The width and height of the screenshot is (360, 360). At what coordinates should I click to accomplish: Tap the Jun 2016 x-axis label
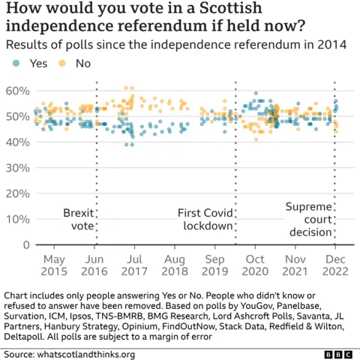pyautogui.click(x=96, y=262)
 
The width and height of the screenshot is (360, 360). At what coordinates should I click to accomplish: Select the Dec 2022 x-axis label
pyautogui.click(x=334, y=262)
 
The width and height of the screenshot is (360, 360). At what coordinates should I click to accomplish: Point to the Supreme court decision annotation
pyautogui.click(x=308, y=219)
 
